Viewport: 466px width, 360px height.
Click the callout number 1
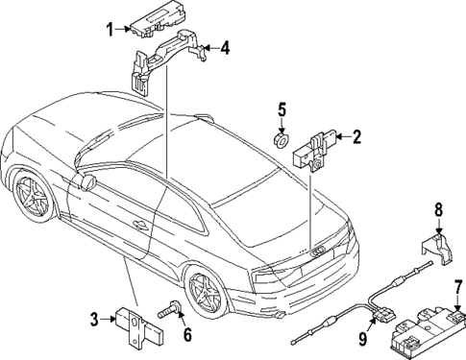(110, 30)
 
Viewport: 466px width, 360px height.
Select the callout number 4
(226, 46)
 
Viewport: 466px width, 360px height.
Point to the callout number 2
(356, 137)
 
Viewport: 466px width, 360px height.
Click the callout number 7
(458, 285)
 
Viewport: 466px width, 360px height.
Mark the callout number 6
(187, 335)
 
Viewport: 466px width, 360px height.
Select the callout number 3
(95, 320)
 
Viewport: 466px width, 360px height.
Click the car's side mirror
(89, 180)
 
